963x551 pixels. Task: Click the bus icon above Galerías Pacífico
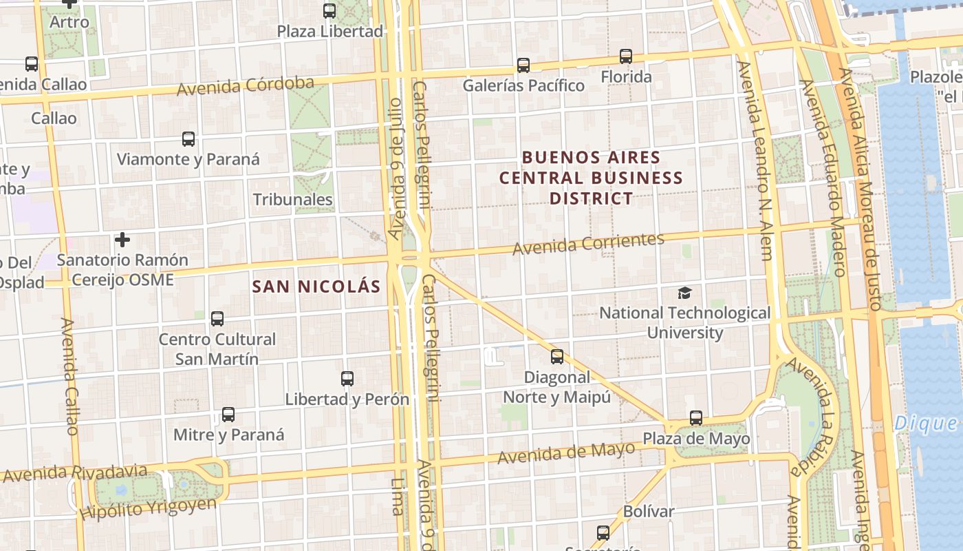[x=523, y=65]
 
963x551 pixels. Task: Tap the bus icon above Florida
[x=626, y=56]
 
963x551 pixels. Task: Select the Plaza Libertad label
[x=329, y=31]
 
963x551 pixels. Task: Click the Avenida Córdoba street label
[x=246, y=87]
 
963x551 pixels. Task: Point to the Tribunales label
[x=293, y=200]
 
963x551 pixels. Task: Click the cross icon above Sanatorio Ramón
[x=122, y=240]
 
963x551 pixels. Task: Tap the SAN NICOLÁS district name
[x=316, y=287]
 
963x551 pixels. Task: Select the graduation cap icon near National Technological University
[x=684, y=293]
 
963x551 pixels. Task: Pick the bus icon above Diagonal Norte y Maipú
[x=557, y=357]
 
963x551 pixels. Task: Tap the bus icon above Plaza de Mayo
[x=696, y=418]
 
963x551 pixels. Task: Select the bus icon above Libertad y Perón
[x=347, y=379]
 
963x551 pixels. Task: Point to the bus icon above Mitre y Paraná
[x=228, y=415]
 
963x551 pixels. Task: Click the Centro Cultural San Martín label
[x=217, y=349]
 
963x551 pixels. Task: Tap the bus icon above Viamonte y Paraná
[x=188, y=139]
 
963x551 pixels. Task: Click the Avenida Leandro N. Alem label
[x=755, y=160]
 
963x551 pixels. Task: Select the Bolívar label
[x=648, y=512]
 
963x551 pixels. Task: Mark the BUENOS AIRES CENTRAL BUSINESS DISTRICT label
[x=591, y=178]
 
